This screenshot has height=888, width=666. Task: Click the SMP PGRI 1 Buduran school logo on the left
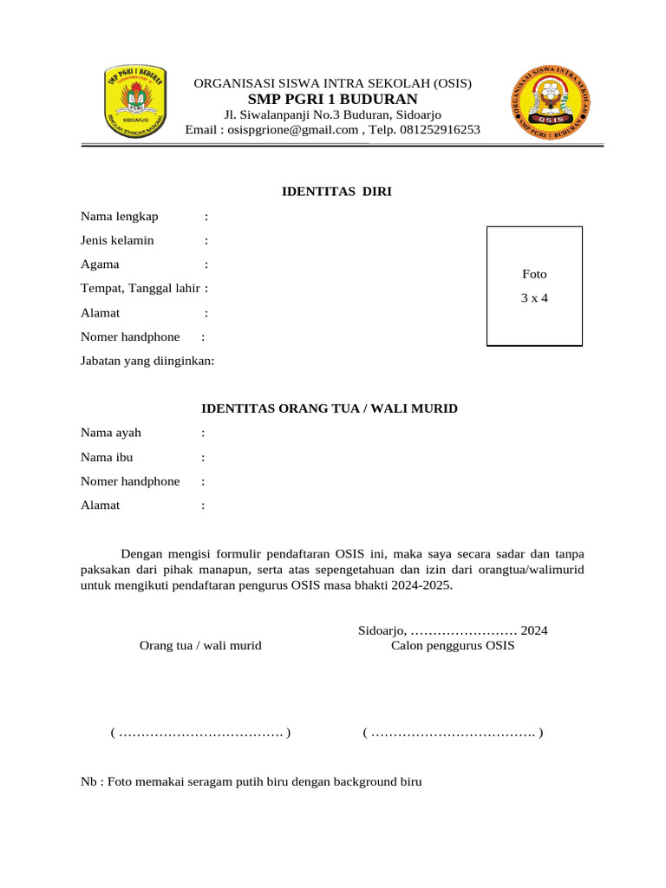(x=137, y=96)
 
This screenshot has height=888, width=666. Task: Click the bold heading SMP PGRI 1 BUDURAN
(x=332, y=99)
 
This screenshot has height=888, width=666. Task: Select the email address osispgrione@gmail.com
(x=294, y=130)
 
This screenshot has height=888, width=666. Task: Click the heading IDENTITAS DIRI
(x=337, y=192)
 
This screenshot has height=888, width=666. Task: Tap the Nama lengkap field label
(x=120, y=216)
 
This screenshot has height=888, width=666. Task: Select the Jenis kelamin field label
(x=117, y=240)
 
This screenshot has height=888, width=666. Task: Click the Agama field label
(x=101, y=264)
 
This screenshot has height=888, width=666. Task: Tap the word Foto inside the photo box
(x=534, y=274)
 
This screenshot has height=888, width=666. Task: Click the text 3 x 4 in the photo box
(x=534, y=298)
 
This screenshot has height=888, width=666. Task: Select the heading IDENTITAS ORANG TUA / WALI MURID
(x=330, y=408)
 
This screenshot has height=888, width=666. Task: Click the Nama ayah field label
(x=111, y=433)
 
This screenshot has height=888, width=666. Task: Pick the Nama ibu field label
(x=107, y=457)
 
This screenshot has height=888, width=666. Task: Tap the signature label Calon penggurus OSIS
(x=453, y=646)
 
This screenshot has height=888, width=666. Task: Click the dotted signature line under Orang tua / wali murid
(x=200, y=734)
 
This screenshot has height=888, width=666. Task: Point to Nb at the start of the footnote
(x=89, y=782)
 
